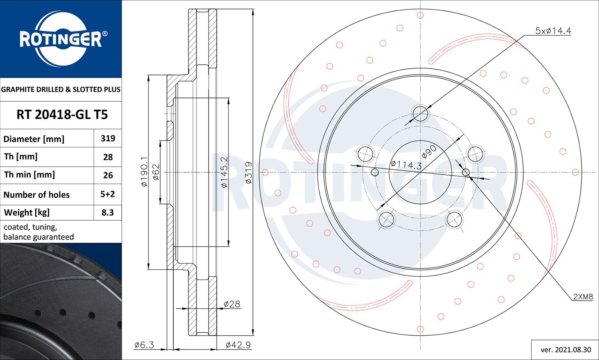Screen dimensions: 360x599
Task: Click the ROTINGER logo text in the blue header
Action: tap(61, 39)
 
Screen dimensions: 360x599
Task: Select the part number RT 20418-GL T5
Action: tap(62, 115)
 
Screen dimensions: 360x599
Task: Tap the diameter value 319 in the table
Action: tap(108, 138)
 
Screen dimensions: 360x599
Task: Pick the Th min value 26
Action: tap(108, 175)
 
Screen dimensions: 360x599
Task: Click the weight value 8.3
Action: tap(108, 213)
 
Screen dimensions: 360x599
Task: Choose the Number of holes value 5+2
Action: tap(108, 194)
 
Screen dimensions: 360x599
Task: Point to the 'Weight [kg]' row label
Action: tap(27, 213)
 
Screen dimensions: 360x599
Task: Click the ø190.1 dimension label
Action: tap(144, 172)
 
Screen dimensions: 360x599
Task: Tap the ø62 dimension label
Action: tap(156, 172)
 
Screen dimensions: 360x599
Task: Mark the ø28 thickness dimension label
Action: tap(232, 304)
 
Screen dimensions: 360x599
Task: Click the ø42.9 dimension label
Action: tap(238, 345)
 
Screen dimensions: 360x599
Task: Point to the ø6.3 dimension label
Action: tap(144, 345)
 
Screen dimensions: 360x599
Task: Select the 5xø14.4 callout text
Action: tap(553, 31)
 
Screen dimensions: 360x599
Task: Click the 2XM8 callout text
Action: tap(583, 297)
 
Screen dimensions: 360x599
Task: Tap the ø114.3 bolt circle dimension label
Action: tap(406, 165)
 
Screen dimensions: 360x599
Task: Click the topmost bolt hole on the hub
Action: tap(420, 114)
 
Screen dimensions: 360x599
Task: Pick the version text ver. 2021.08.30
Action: tap(565, 350)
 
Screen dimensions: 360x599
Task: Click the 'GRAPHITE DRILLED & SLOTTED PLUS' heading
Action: tap(61, 89)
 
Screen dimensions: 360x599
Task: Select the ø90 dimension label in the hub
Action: tap(429, 152)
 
